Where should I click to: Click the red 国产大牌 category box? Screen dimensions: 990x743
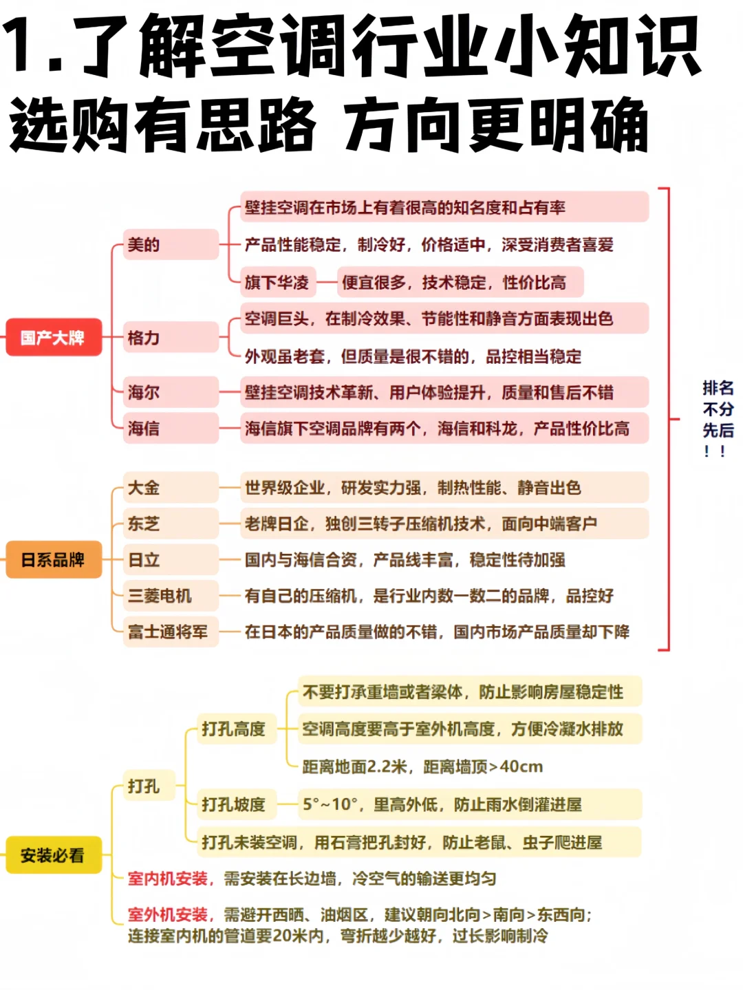[x=54, y=337]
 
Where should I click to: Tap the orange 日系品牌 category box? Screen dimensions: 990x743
[x=54, y=559]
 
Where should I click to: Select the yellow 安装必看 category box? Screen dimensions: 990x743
[x=54, y=855]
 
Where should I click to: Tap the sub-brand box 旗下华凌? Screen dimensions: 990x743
[x=277, y=282]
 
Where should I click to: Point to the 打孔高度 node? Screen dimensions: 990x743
[x=234, y=729]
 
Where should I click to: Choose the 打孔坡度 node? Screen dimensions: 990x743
[x=234, y=804]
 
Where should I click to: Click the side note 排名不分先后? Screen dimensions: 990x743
[x=718, y=418]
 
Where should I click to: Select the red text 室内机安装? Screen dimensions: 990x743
[x=168, y=879]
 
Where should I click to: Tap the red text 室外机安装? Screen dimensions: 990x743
[x=168, y=914]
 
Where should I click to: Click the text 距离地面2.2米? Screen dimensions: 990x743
[x=355, y=766]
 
